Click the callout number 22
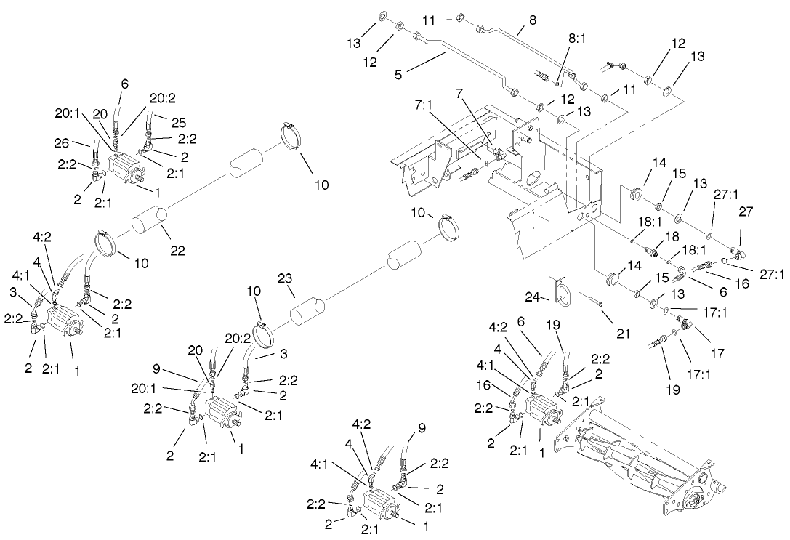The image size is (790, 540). pos(177,251)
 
